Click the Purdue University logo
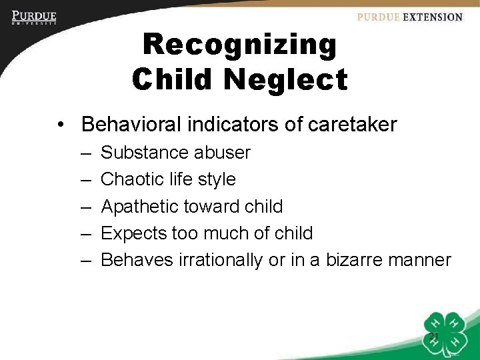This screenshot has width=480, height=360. click(34, 17)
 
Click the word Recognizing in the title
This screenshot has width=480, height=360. click(240, 45)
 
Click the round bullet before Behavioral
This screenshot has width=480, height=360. click(61, 125)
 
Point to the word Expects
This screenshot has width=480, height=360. click(132, 233)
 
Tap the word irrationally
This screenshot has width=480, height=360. click(221, 259)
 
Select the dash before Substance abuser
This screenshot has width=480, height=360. click(86, 153)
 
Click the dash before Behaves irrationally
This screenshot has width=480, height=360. click(86, 259)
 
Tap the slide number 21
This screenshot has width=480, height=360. click(433, 336)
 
